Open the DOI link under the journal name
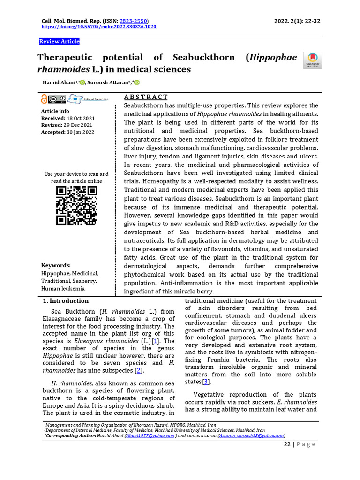tap(99, 27)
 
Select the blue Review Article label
tap(59, 42)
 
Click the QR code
tap(77, 205)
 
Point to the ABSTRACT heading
tap(146, 97)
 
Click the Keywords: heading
tap(56, 265)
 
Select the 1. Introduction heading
tap(66, 301)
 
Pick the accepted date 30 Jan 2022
tap(80, 132)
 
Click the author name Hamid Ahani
tap(58, 83)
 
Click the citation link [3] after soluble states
tap(205, 382)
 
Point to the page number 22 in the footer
tap(287, 444)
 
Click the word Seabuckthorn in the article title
tap(204, 58)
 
